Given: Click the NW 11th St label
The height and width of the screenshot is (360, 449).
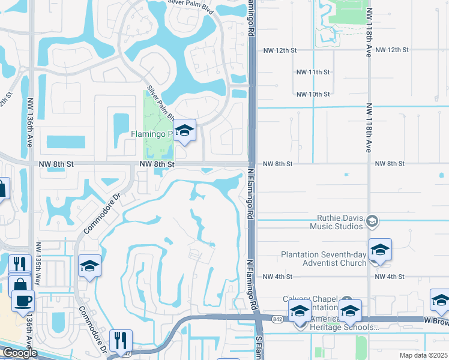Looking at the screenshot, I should pos(313,72).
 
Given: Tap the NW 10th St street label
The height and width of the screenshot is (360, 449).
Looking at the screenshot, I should pos(313,94).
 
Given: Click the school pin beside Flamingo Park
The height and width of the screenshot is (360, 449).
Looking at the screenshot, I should pos(185,131).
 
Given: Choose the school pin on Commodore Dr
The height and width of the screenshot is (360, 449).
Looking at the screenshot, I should pos(90,266).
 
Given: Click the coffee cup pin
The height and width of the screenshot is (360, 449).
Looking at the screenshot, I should pos(23,300).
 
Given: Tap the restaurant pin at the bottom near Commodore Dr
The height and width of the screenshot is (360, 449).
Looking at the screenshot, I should pos(121,340).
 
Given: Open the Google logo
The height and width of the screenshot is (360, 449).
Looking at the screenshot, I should pos(20,353).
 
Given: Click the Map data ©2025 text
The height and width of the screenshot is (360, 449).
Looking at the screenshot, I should pos(423,355).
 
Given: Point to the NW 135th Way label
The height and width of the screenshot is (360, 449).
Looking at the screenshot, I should pos(38,258).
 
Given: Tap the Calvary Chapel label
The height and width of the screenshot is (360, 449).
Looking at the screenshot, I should pos(312,300).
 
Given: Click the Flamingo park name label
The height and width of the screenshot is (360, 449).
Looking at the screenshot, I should pos(152,134).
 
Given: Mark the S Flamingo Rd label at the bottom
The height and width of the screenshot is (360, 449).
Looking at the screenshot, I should pos(259,348).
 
